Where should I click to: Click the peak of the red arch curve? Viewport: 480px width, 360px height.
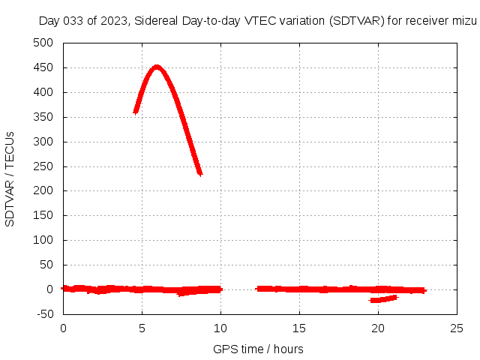(156, 67)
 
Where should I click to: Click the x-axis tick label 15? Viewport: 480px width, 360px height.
(299, 328)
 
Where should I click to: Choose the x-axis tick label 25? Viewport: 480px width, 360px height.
(457, 328)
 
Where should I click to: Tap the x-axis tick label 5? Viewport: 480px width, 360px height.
(142, 328)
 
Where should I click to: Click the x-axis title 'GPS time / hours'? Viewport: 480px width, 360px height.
(258, 349)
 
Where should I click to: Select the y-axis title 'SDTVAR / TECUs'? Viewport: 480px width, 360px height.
(10, 178)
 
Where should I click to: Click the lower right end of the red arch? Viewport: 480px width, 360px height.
(199, 173)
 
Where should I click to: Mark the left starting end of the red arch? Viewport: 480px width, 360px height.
(136, 111)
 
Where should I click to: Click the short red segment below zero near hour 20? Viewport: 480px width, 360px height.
(383, 298)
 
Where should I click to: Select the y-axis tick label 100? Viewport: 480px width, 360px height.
(44, 240)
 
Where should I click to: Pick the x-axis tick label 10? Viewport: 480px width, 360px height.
(220, 328)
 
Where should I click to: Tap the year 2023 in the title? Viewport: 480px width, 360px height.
(116, 21)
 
